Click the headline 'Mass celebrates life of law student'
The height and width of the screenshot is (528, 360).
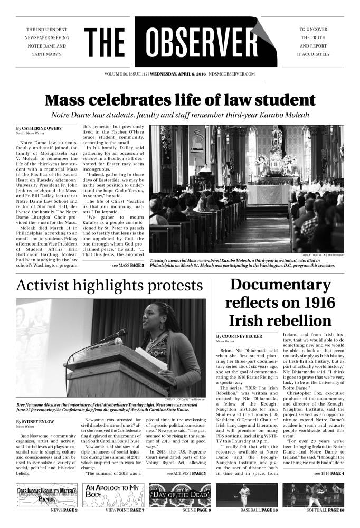point(179,100)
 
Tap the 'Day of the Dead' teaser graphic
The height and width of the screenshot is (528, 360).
point(180,495)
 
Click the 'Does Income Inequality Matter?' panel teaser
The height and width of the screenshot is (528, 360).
point(46,495)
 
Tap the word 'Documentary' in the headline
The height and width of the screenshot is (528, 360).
point(280,285)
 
